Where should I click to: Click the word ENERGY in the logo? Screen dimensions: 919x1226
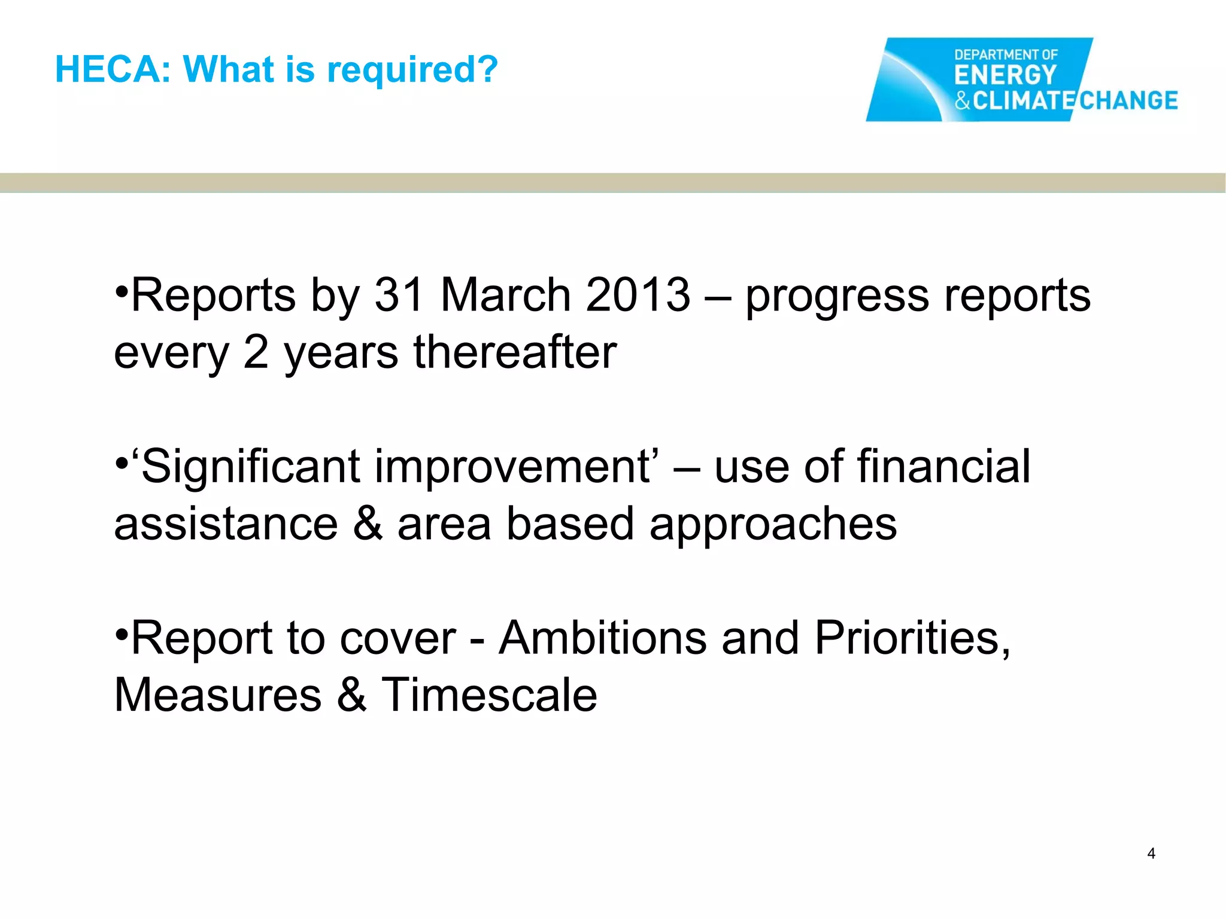(1005, 76)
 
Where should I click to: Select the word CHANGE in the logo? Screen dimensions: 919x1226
(1128, 100)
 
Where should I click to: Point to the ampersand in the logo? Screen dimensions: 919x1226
(962, 100)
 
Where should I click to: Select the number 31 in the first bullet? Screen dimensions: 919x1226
(399, 295)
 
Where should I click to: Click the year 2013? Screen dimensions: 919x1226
(638, 295)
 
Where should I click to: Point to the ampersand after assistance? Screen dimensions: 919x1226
(368, 524)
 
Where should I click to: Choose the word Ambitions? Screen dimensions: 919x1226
(603, 638)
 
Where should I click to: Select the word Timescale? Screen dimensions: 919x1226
(489, 695)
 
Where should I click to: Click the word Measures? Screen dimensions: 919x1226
(218, 695)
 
